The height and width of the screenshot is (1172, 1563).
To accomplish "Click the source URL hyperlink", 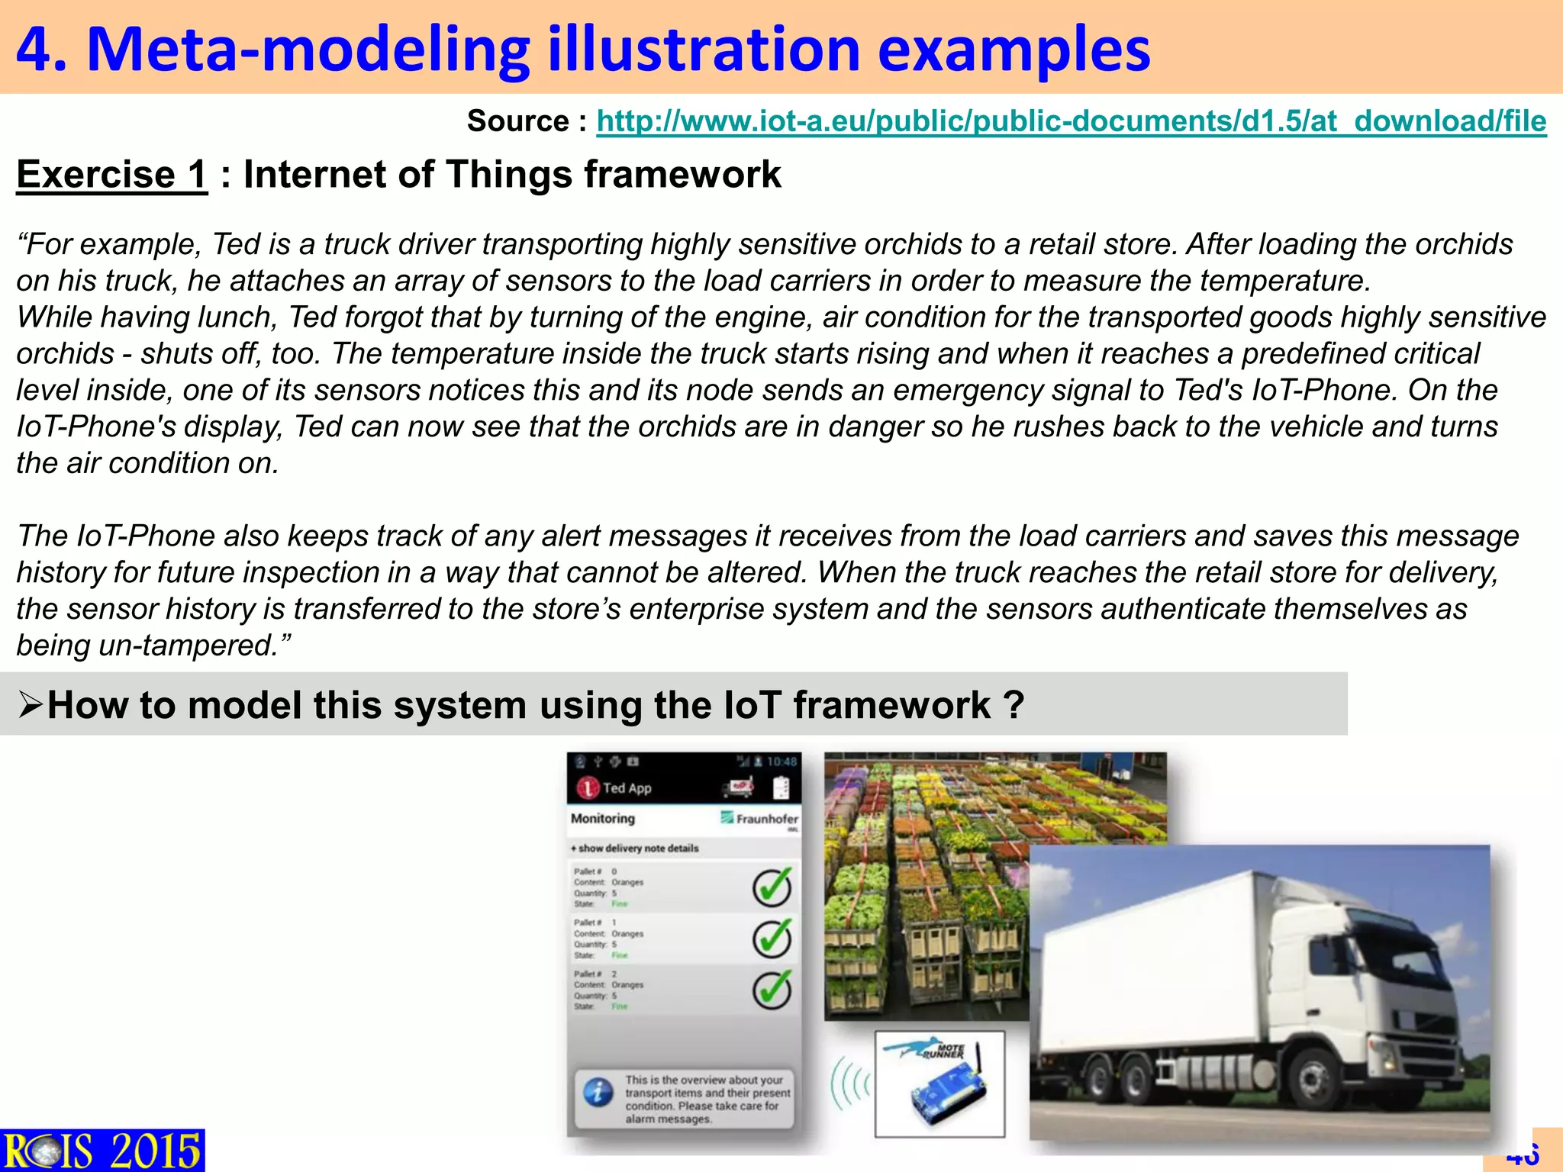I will point(1071,122).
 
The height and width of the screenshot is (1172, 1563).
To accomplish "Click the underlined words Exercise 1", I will point(111,175).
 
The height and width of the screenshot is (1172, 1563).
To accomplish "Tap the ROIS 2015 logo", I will point(102,1150).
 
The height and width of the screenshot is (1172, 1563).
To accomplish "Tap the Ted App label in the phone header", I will point(627,788).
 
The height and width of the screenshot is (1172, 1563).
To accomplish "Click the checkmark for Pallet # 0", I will point(772,887).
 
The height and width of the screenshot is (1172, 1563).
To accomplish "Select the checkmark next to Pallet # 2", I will point(772,990).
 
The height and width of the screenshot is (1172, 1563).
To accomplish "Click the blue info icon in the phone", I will point(598,1093).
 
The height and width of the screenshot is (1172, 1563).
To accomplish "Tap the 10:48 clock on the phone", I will point(781,761).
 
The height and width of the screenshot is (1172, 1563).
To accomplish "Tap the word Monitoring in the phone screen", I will point(602,819).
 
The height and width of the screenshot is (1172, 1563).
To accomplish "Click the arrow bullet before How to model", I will point(31,704).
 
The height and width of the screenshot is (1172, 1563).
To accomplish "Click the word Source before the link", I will point(517,122).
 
